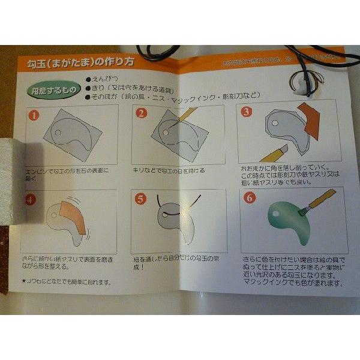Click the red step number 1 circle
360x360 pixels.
pyautogui.click(x=35, y=113)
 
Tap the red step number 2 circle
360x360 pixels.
pyautogui.click(x=142, y=113)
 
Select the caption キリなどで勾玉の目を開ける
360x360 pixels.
pyautogui.click(x=169, y=171)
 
